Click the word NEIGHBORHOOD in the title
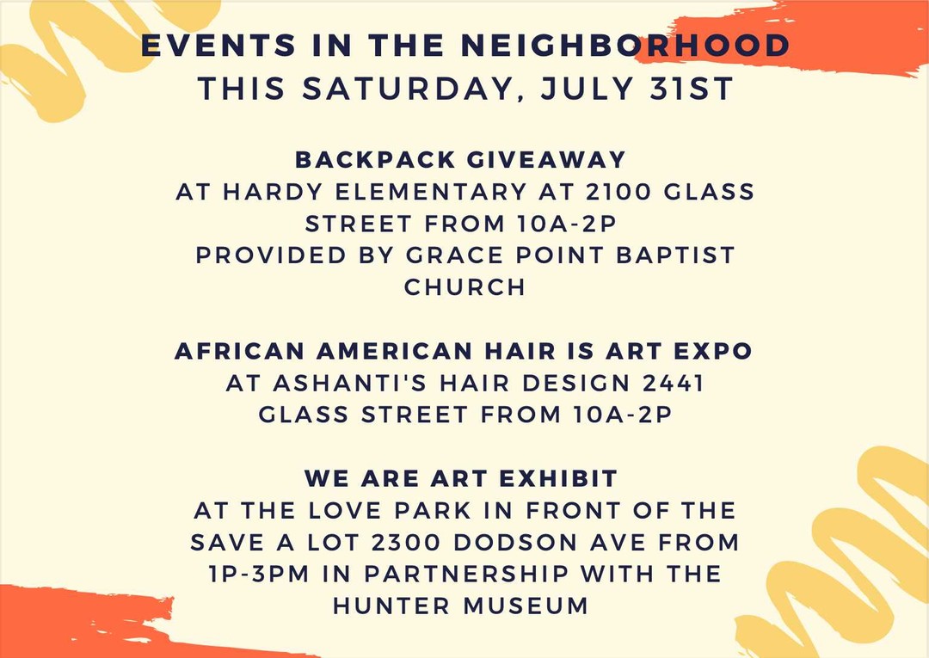[x=625, y=46]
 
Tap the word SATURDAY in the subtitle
[x=407, y=89]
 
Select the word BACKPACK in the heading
[x=375, y=160]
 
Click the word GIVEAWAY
[x=546, y=160]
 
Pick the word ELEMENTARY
[x=431, y=192]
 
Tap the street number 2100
[x=618, y=192]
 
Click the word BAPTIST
[x=675, y=255]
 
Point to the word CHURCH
[x=465, y=287]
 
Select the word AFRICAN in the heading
[x=240, y=351]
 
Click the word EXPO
[x=713, y=351]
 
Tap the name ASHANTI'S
[x=349, y=384]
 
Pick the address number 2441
[x=674, y=384]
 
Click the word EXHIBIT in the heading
[x=559, y=478]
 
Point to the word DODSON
[x=515, y=543]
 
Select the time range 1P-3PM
[x=259, y=574]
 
